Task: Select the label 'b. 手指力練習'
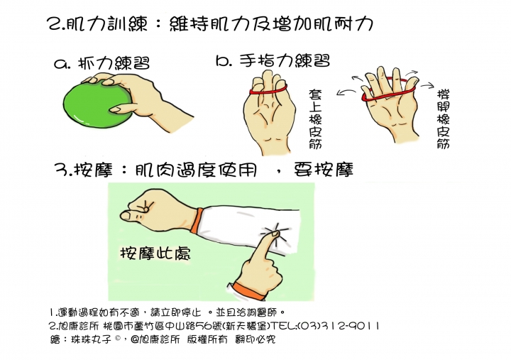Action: [x=273, y=61]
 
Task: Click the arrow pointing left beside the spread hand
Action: [x=347, y=90]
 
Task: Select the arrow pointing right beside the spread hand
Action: [x=427, y=84]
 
